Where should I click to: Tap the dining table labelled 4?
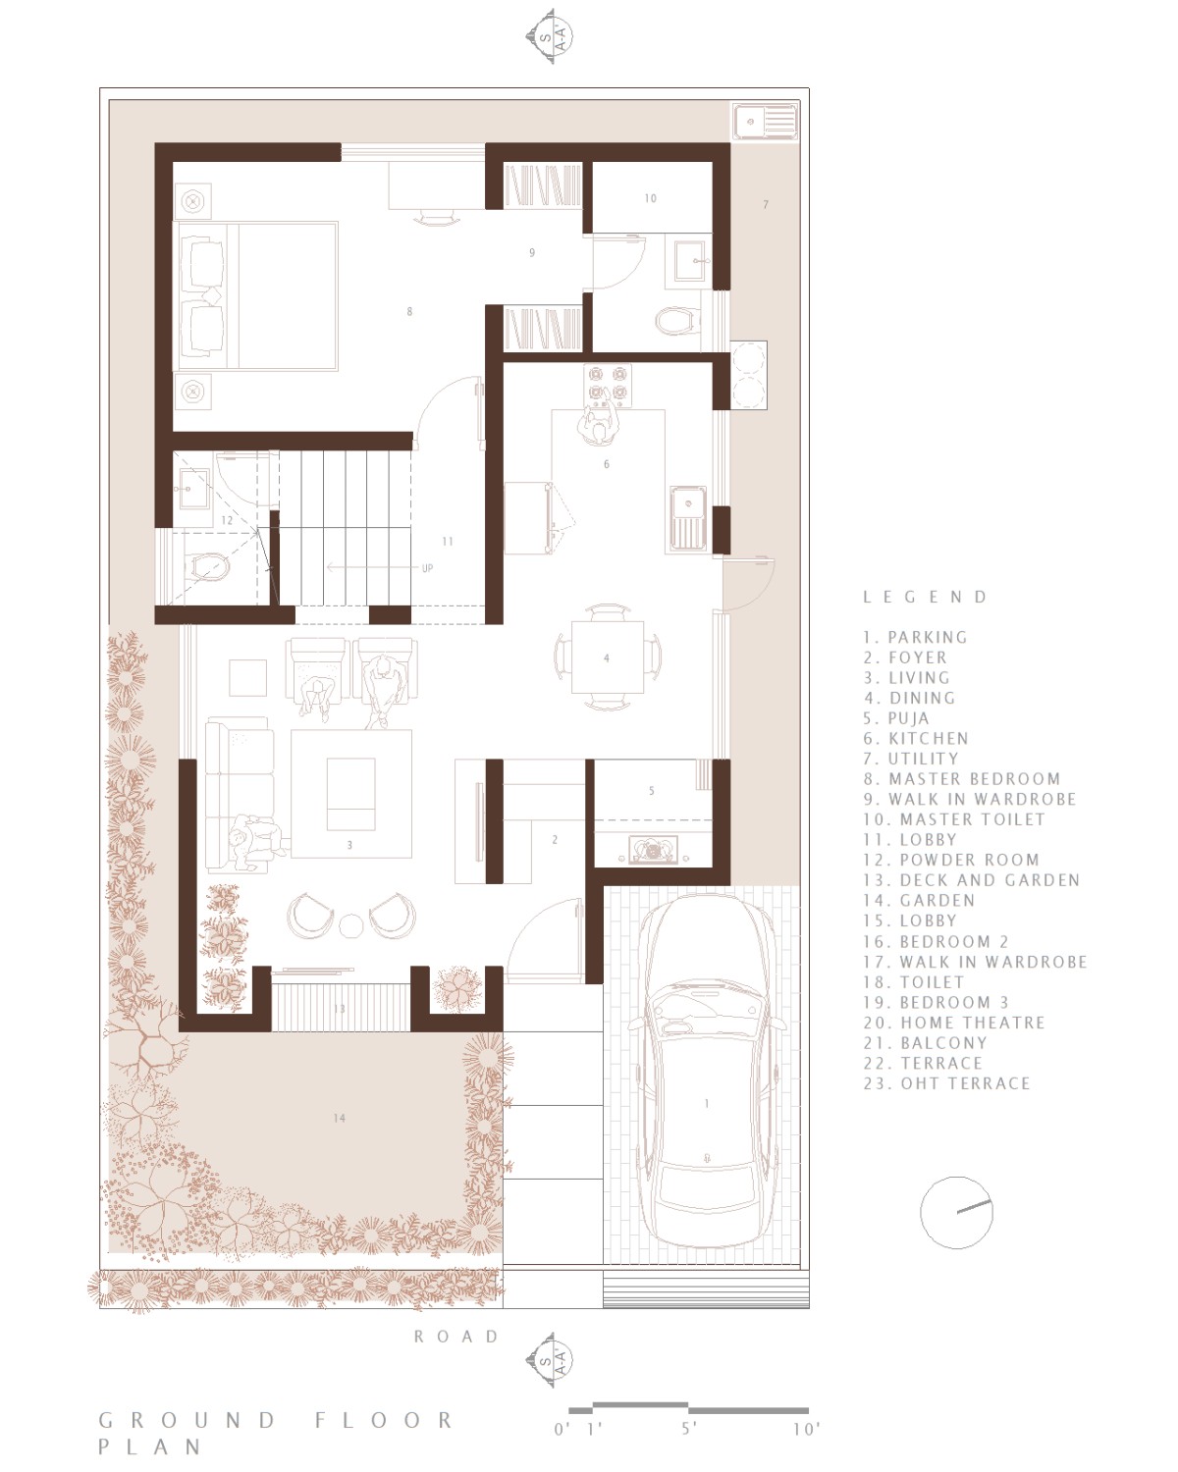coord(607,657)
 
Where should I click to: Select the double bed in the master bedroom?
coord(256,295)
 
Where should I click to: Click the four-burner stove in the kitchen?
coord(607,385)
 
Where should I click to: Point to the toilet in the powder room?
coord(207,567)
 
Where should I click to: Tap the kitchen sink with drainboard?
coord(688,517)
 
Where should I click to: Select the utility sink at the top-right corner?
coord(765,123)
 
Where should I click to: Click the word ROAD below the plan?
coord(456,1336)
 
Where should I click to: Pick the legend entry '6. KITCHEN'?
coord(916,738)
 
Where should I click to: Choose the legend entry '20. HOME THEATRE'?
coord(954,1023)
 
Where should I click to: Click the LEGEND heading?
coord(925,597)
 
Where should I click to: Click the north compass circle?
coord(955,1212)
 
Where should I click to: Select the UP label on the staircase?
coord(427,568)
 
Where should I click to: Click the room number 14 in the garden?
coord(339,1118)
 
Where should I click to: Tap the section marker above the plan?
coord(549,37)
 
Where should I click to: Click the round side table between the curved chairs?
coord(351,925)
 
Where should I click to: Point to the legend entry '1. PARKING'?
coord(915,637)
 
